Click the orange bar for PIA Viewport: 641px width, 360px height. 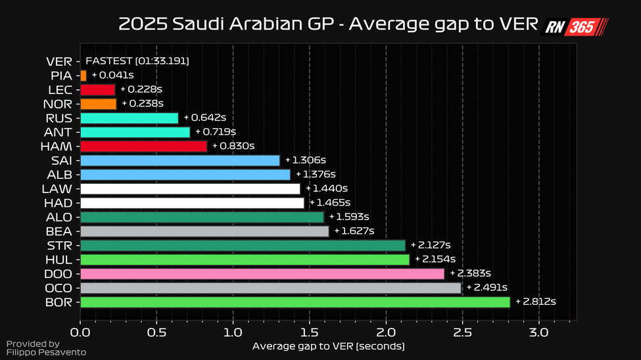[x=83, y=76]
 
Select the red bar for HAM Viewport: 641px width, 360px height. [x=143, y=146]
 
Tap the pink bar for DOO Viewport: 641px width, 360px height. [x=262, y=273]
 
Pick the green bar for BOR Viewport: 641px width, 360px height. [x=295, y=302]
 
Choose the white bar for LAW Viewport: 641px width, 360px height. [x=190, y=189]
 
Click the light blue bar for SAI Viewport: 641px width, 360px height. [x=180, y=160]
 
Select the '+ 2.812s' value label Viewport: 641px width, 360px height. [x=536, y=302]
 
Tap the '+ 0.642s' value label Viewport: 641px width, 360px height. [x=205, y=118]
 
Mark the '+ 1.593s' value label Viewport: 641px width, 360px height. [x=349, y=217]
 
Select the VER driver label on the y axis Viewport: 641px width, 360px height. [x=59, y=62]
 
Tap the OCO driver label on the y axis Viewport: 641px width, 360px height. [x=59, y=288]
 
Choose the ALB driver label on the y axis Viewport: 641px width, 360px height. [x=60, y=175]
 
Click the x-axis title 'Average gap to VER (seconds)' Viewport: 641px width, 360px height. [x=328, y=346]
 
